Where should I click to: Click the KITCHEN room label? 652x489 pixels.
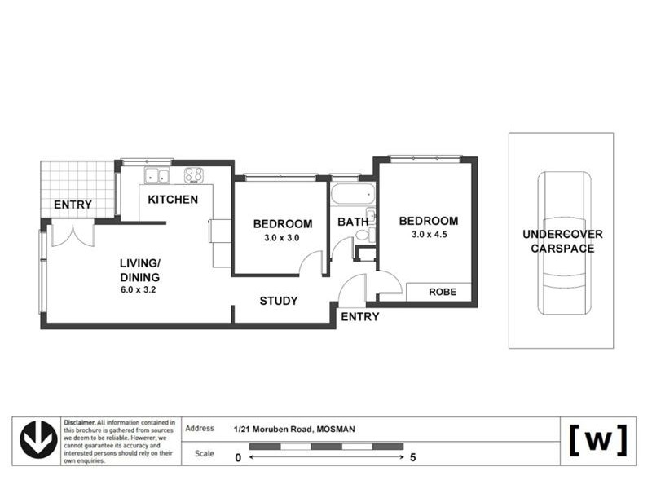point(173,200)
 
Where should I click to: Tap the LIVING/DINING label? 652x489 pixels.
point(141,269)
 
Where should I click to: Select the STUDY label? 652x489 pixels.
point(279,301)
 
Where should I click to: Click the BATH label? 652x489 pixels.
point(352,222)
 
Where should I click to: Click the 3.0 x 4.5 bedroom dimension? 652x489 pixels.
point(428,236)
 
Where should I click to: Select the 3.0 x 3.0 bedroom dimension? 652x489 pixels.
point(282,238)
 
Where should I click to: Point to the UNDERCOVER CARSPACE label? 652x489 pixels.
point(562,241)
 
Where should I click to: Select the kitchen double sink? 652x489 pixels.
point(156,174)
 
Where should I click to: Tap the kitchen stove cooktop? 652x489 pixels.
point(194,174)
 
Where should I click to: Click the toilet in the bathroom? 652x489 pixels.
point(363,235)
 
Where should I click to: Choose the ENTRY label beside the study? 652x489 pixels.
point(359,317)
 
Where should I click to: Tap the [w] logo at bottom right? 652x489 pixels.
point(597,440)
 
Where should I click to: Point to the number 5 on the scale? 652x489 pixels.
point(414,457)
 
